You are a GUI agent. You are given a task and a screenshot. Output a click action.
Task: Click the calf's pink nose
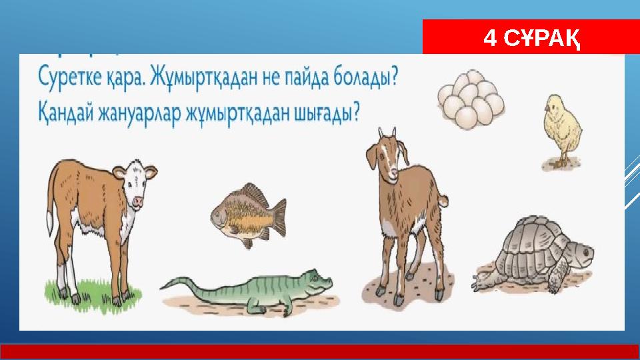139,199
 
